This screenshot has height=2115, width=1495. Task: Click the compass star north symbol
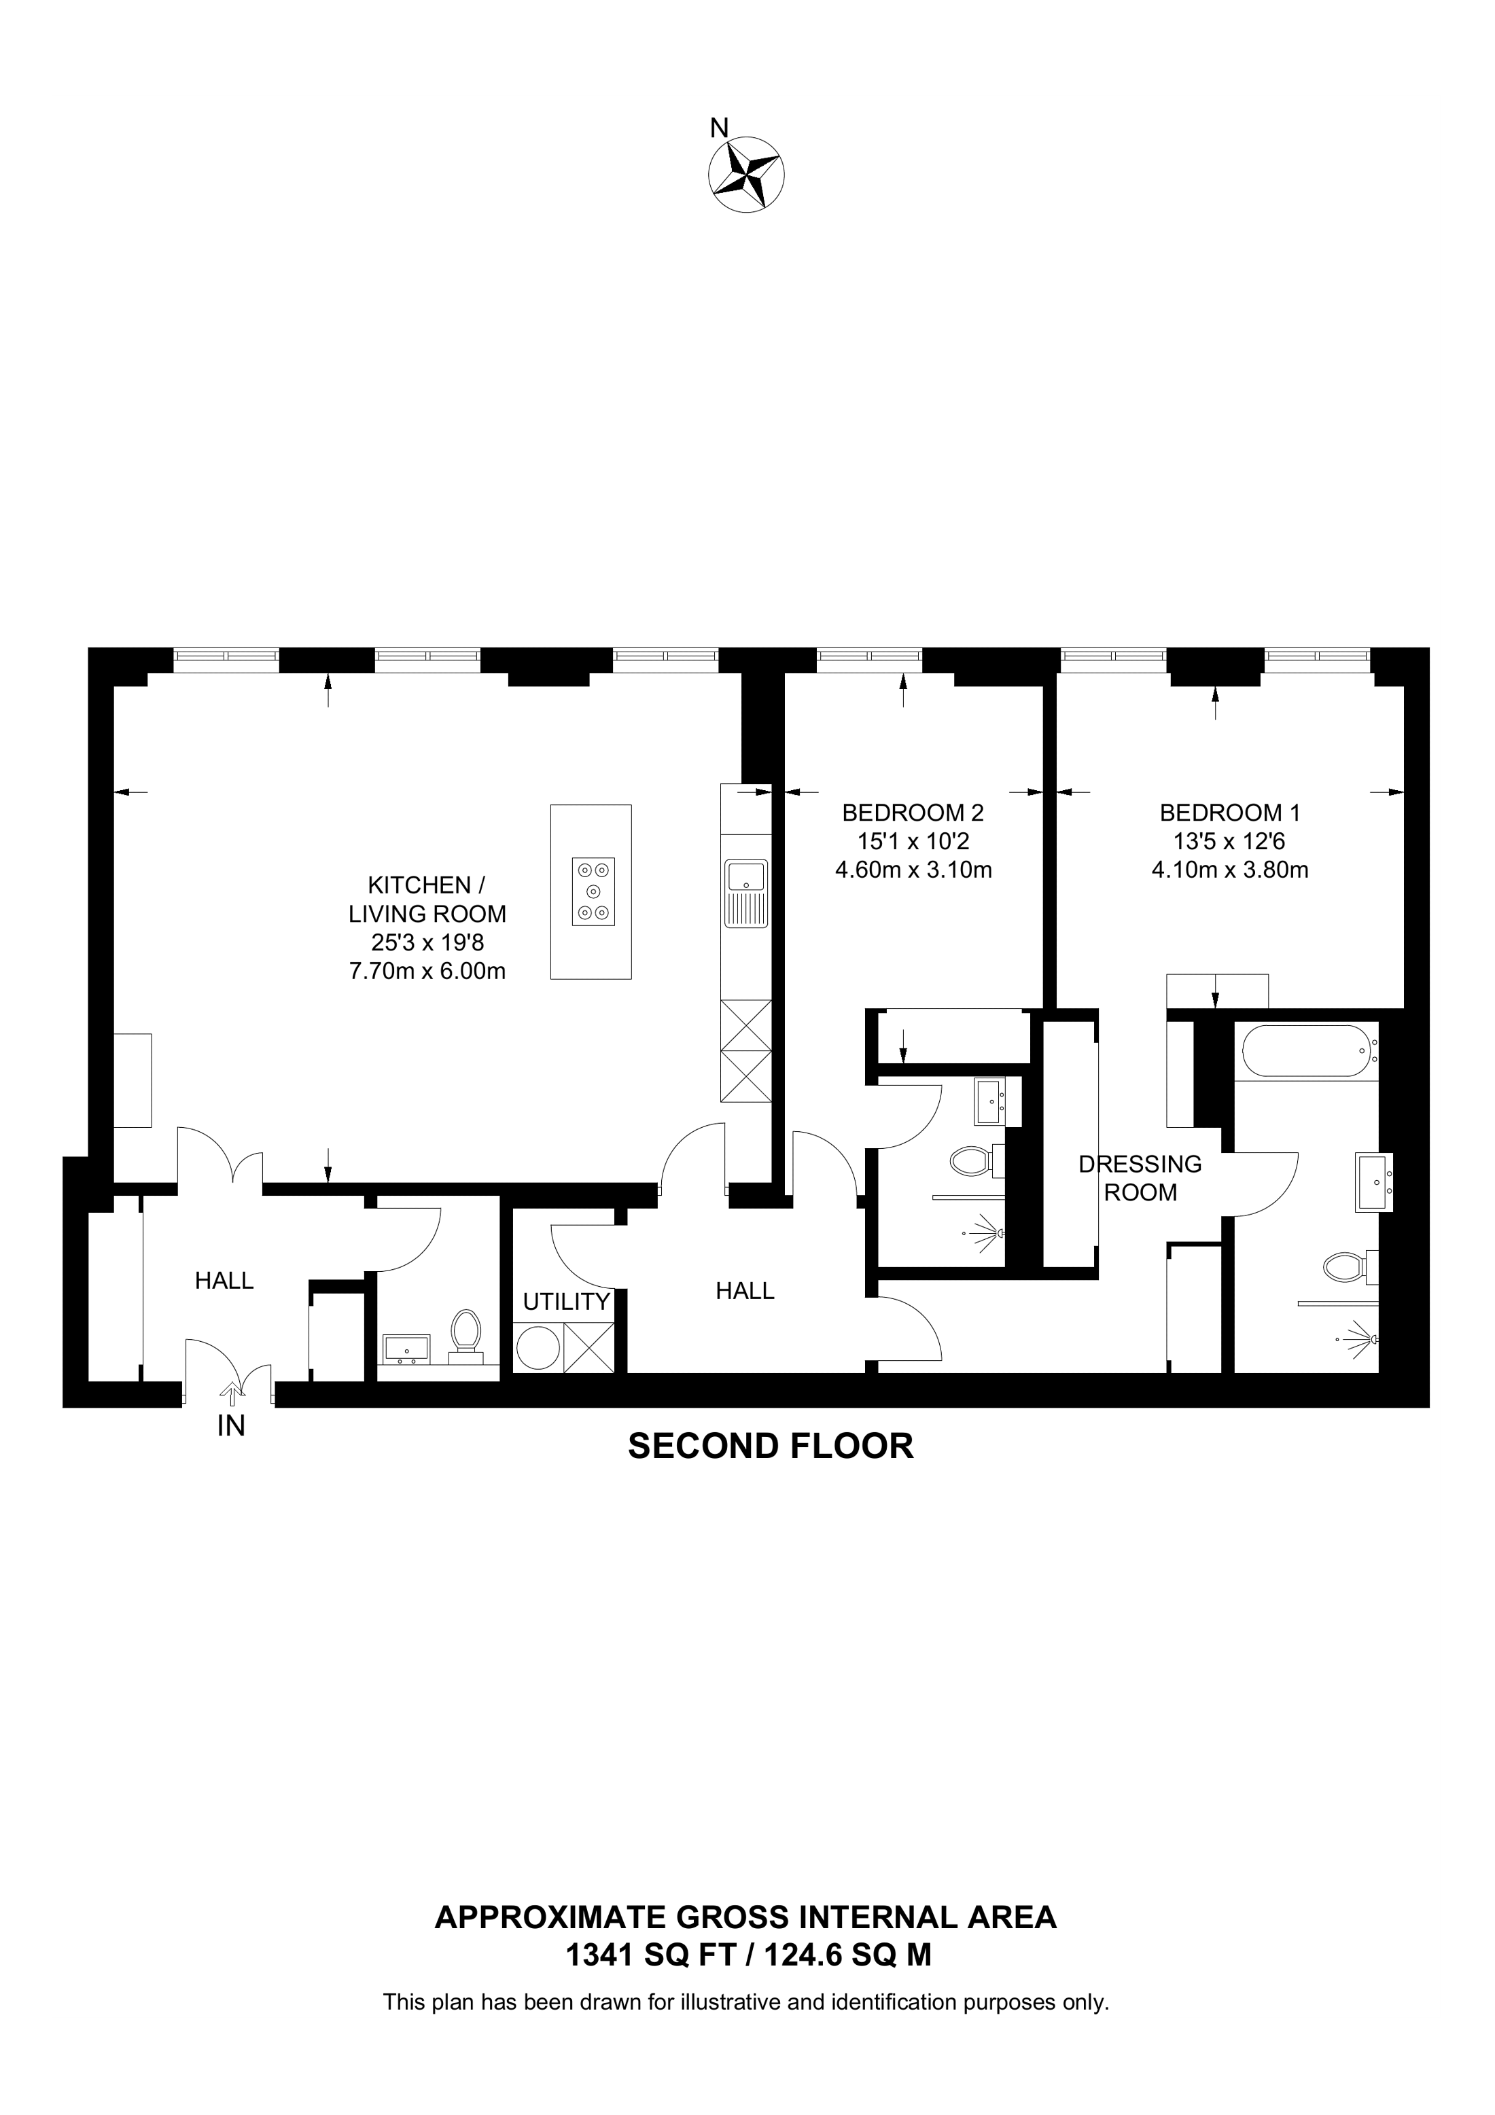pos(746,173)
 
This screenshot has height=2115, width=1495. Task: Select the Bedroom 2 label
pos(913,813)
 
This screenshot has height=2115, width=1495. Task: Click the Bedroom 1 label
pos(1230,813)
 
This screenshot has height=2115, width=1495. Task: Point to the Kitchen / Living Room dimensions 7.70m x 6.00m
pos(427,971)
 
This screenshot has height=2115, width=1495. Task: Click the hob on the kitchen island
pos(593,891)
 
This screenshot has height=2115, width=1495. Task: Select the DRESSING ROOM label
pos(1140,1178)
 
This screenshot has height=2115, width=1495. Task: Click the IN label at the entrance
pos(231,1426)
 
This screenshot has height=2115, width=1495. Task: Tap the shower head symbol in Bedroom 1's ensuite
pos(1361,1336)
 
